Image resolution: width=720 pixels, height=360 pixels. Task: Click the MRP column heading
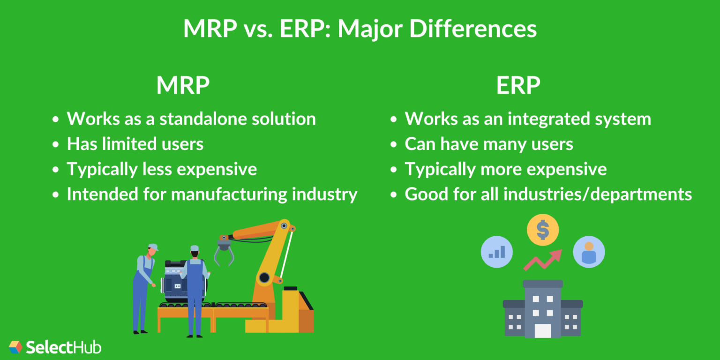pos(183,85)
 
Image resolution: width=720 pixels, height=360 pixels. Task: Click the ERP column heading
pos(518,85)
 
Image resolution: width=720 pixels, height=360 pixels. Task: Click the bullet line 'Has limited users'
pos(135,144)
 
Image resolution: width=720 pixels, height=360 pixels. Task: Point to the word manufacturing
pos(228,194)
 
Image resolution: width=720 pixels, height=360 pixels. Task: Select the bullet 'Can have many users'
pos(489,144)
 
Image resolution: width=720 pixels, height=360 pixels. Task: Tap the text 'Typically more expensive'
pos(505,169)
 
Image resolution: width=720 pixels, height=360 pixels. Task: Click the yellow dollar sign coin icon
pos(542,230)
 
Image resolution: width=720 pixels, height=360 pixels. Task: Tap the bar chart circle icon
pos(497,252)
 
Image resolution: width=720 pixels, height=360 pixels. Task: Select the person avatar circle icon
pos(589,252)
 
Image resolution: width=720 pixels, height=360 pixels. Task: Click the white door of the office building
pos(543,330)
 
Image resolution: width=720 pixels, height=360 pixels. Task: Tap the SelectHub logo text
pos(64,347)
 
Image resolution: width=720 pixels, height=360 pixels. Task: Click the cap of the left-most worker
pos(152,247)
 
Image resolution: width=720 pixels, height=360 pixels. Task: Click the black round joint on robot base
pos(264,277)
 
